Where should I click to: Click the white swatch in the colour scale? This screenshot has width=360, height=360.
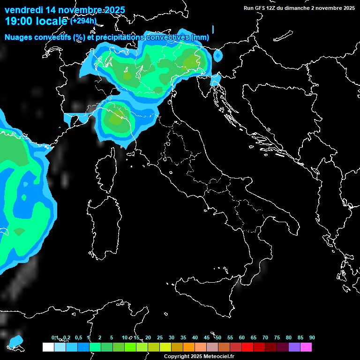coord(48,347)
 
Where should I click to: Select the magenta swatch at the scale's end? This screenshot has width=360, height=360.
coord(306,347)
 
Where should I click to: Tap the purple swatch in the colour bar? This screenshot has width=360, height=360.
coord(294,347)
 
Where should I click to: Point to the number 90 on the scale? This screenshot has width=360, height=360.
coord(312,338)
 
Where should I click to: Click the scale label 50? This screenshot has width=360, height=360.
coord(218,338)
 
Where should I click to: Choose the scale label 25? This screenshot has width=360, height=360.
coord(160,338)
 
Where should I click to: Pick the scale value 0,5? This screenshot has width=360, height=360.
coord(78,338)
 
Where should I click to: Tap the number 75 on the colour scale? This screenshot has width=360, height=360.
coord(277,338)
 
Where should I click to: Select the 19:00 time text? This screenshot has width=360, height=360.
coord(18,21)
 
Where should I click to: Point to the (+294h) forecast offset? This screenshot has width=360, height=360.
coord(83,21)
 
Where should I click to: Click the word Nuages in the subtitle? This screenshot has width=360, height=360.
coord(19,37)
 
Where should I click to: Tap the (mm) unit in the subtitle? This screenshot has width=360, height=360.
coord(200,37)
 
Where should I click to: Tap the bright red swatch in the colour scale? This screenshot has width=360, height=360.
coord(247,347)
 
